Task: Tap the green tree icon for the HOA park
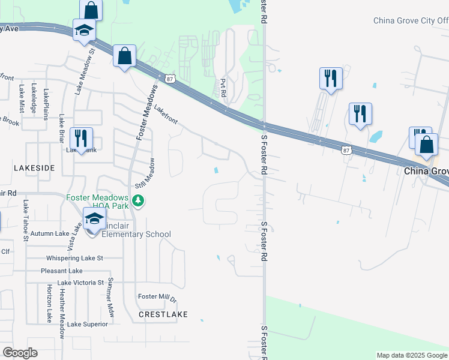pos(139,200)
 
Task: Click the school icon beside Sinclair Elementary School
pos(94,220)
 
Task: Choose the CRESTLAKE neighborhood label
pos(163,314)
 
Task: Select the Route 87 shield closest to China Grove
pos(346,151)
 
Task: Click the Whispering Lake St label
pos(75,258)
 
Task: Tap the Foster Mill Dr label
pos(157,297)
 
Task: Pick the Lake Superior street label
pos(88,324)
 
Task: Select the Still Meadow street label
pos(148,173)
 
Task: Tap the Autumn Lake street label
pos(50,233)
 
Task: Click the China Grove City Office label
pos(411,20)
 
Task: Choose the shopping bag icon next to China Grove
pos(426,146)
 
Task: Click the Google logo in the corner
pos(20,353)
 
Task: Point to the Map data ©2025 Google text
pos(412,355)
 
